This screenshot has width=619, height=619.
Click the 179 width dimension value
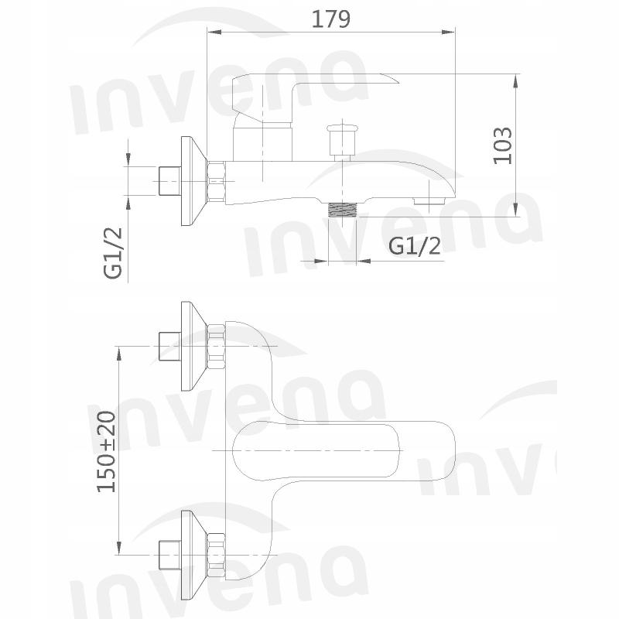coord(330,19)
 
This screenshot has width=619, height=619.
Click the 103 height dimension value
coord(504,145)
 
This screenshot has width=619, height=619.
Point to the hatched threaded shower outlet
coord(344,210)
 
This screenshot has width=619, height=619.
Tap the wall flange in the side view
coord(190,182)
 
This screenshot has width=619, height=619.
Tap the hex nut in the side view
coord(216,183)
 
